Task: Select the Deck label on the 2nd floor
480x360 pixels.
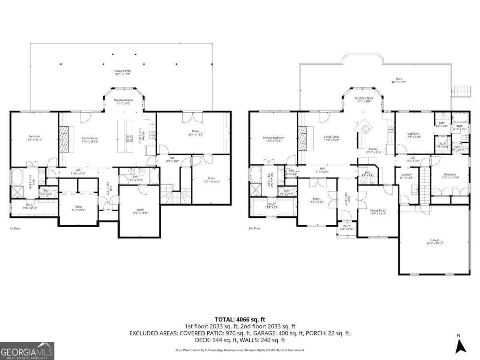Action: [x=399, y=80]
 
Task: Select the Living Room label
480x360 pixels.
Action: [x=331, y=138]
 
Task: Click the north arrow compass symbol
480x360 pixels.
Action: [x=461, y=345]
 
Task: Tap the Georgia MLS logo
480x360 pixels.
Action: [x=27, y=351]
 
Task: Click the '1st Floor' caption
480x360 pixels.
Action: [x=15, y=228]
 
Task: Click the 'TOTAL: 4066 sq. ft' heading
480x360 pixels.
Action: [x=240, y=319]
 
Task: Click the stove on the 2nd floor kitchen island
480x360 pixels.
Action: [x=365, y=128]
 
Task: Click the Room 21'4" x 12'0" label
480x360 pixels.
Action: [x=196, y=133]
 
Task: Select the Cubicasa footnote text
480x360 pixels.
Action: [x=240, y=350]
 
